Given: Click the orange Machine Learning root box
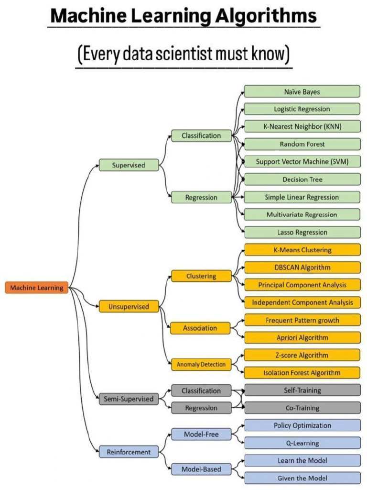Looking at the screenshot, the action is (x=36, y=288).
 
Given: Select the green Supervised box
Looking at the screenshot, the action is (x=129, y=165).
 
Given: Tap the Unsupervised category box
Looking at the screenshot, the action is (x=129, y=306).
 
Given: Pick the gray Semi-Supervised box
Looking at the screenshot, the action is (x=129, y=399).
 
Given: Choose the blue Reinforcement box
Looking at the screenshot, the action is (x=129, y=452).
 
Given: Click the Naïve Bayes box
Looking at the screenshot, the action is (x=302, y=91).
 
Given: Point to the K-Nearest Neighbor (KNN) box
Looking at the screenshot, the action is (x=302, y=126).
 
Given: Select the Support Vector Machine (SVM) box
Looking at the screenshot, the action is (x=302, y=162).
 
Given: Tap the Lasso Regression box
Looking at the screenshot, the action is (x=302, y=232).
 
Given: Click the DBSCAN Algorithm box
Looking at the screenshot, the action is (x=302, y=267).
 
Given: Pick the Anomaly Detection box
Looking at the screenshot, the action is (x=201, y=364).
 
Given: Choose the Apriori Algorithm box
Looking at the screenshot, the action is (x=302, y=337).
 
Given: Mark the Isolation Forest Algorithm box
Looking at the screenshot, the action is (x=302, y=372).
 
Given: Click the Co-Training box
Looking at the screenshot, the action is (x=302, y=408).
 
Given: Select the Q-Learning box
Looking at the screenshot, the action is (x=302, y=443).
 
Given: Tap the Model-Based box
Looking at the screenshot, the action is (x=201, y=469).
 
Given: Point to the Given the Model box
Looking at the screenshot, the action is (x=302, y=478).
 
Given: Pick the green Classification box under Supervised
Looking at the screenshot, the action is (x=201, y=135).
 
